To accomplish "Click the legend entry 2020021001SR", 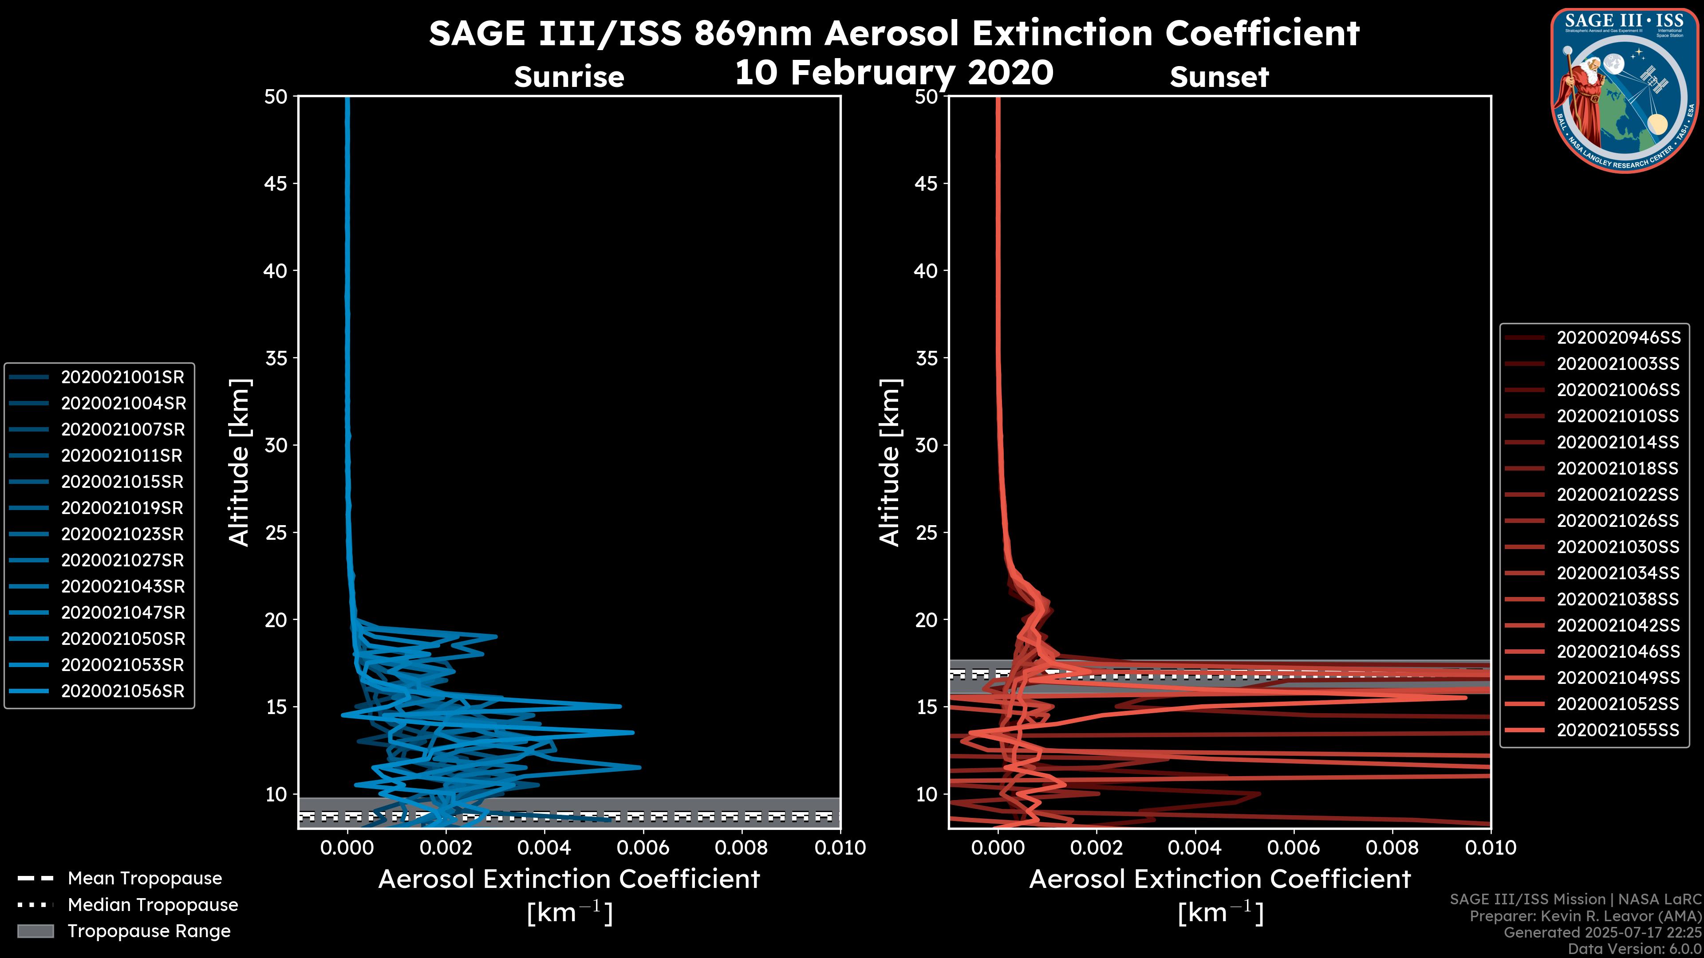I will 122,377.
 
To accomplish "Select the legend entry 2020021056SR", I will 122,691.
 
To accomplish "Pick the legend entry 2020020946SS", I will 1618,338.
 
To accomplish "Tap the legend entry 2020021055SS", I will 1618,730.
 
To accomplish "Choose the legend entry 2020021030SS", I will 1618,547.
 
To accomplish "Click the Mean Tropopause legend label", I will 145,879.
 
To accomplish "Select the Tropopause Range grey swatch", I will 35,931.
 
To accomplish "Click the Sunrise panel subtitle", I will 569,77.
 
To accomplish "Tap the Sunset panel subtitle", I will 1219,77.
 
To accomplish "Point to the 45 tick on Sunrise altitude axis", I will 276,184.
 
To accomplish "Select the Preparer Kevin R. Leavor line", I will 1585,916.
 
